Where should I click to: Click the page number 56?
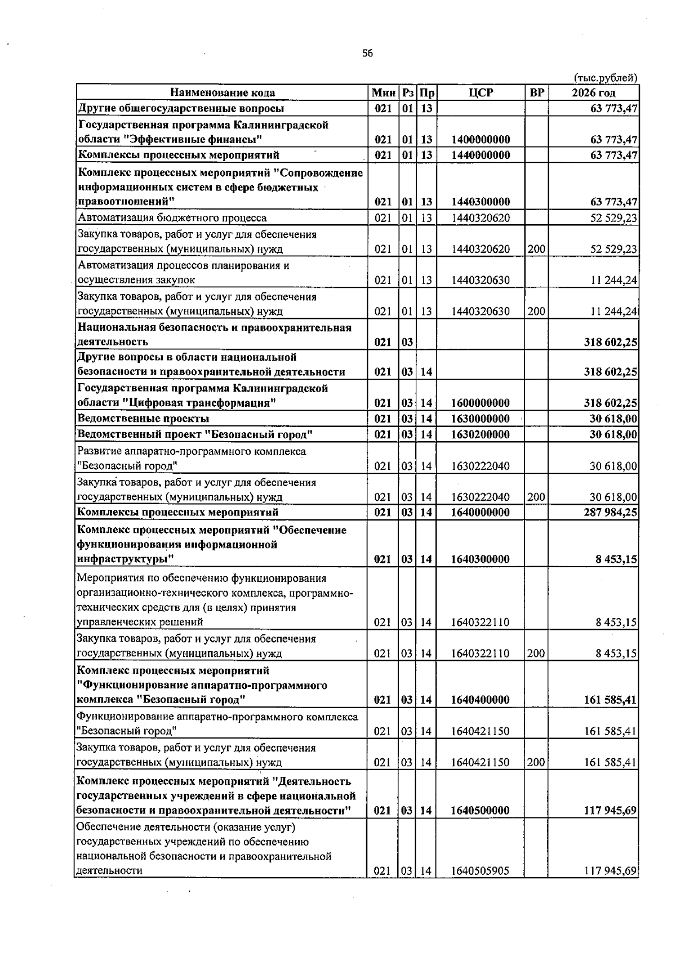click(367, 54)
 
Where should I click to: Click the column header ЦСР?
click(481, 92)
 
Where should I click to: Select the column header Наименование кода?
click(223, 92)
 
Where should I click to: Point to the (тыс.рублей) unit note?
click(605, 78)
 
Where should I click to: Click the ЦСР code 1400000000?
click(481, 139)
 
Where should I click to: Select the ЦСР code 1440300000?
click(481, 202)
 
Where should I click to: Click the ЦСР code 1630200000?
click(481, 434)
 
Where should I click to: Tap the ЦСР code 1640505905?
click(481, 886)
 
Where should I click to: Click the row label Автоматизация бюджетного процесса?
click(172, 217)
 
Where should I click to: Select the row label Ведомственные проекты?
click(143, 419)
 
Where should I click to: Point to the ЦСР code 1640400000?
click(481, 700)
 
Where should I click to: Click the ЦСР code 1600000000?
click(481, 403)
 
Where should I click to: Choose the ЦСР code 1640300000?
click(481, 559)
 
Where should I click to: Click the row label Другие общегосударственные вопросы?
click(180, 108)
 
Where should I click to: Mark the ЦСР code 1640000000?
click(481, 512)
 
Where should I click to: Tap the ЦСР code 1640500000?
click(481, 810)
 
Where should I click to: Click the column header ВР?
click(536, 92)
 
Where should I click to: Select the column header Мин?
click(383, 92)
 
